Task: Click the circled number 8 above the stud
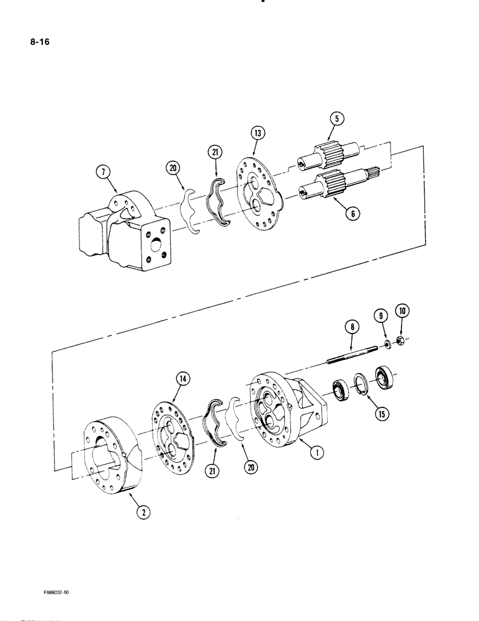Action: [352, 325]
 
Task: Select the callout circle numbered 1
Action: [316, 452]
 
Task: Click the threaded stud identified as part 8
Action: [351, 356]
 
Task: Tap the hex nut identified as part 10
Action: [401, 341]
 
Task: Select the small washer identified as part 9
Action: [387, 345]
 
